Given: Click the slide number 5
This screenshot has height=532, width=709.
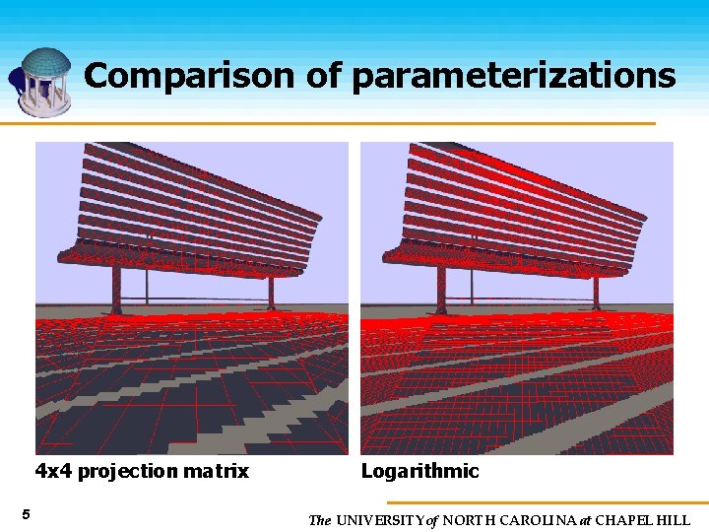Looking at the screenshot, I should [26, 514].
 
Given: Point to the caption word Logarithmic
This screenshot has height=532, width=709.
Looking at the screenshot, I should [419, 471].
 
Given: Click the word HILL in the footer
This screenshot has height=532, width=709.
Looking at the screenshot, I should [674, 520].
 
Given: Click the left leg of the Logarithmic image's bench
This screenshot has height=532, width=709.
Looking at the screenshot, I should [442, 291].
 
